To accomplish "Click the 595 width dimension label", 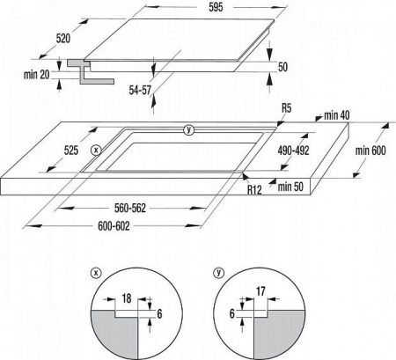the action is pos(216,7).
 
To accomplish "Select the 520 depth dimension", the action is pos(63,39).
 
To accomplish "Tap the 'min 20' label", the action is pos(37,75).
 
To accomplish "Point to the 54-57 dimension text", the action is pos(140,90).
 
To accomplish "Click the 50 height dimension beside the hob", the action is pos(282,67).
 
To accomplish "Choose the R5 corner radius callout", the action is pos(287,108).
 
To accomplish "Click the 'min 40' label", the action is pos(337,115).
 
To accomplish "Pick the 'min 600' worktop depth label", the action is pos(370,151).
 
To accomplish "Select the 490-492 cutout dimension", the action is pos(294,151).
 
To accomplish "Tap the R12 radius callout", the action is pos(254,189).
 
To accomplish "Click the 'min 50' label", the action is pos(290,187).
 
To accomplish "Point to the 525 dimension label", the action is pos(71,151).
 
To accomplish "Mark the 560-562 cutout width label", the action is pos(130,208).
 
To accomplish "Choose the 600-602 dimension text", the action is pos(114,226).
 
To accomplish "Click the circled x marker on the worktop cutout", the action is pos(96,151).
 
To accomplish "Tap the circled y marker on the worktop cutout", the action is pos(189,129).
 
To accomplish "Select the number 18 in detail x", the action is pos(127,298).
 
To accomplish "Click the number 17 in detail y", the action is pos(260,291).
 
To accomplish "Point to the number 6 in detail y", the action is pos(232,313).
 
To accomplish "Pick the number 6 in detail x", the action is pos(159,313).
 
